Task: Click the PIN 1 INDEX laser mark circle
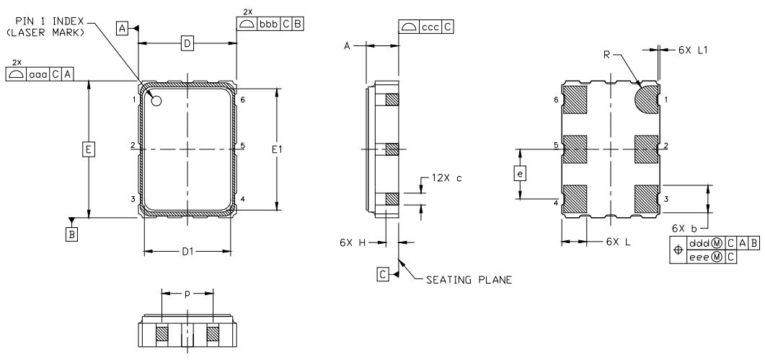[156, 100]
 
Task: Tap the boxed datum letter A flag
[122, 29]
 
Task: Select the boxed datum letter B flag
[71, 235]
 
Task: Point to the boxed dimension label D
[187, 43]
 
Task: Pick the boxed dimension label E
[88, 149]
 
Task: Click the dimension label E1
[277, 151]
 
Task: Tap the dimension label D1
[188, 252]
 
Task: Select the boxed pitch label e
[521, 173]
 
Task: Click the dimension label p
[187, 294]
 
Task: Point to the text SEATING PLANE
[469, 280]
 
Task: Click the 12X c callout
[446, 177]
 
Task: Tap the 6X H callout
[353, 242]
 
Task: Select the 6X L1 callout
[693, 49]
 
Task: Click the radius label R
[607, 56]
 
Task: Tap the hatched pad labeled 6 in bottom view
[575, 100]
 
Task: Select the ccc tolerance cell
[430, 27]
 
